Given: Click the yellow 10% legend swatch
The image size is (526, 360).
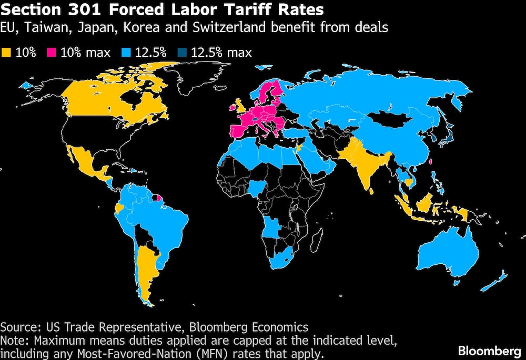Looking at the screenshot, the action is [6, 53].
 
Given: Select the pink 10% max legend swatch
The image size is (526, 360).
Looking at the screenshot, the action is [52, 53].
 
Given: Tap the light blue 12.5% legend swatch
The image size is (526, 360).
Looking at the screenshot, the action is [126, 53].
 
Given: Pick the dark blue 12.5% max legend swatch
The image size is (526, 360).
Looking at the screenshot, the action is [182, 53].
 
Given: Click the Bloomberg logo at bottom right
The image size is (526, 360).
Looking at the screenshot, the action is [489, 351].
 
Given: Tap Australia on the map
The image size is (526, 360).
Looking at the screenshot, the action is [448, 250].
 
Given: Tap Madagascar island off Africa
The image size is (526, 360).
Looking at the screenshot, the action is [316, 240].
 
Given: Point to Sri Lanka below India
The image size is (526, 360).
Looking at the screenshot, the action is [371, 191].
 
